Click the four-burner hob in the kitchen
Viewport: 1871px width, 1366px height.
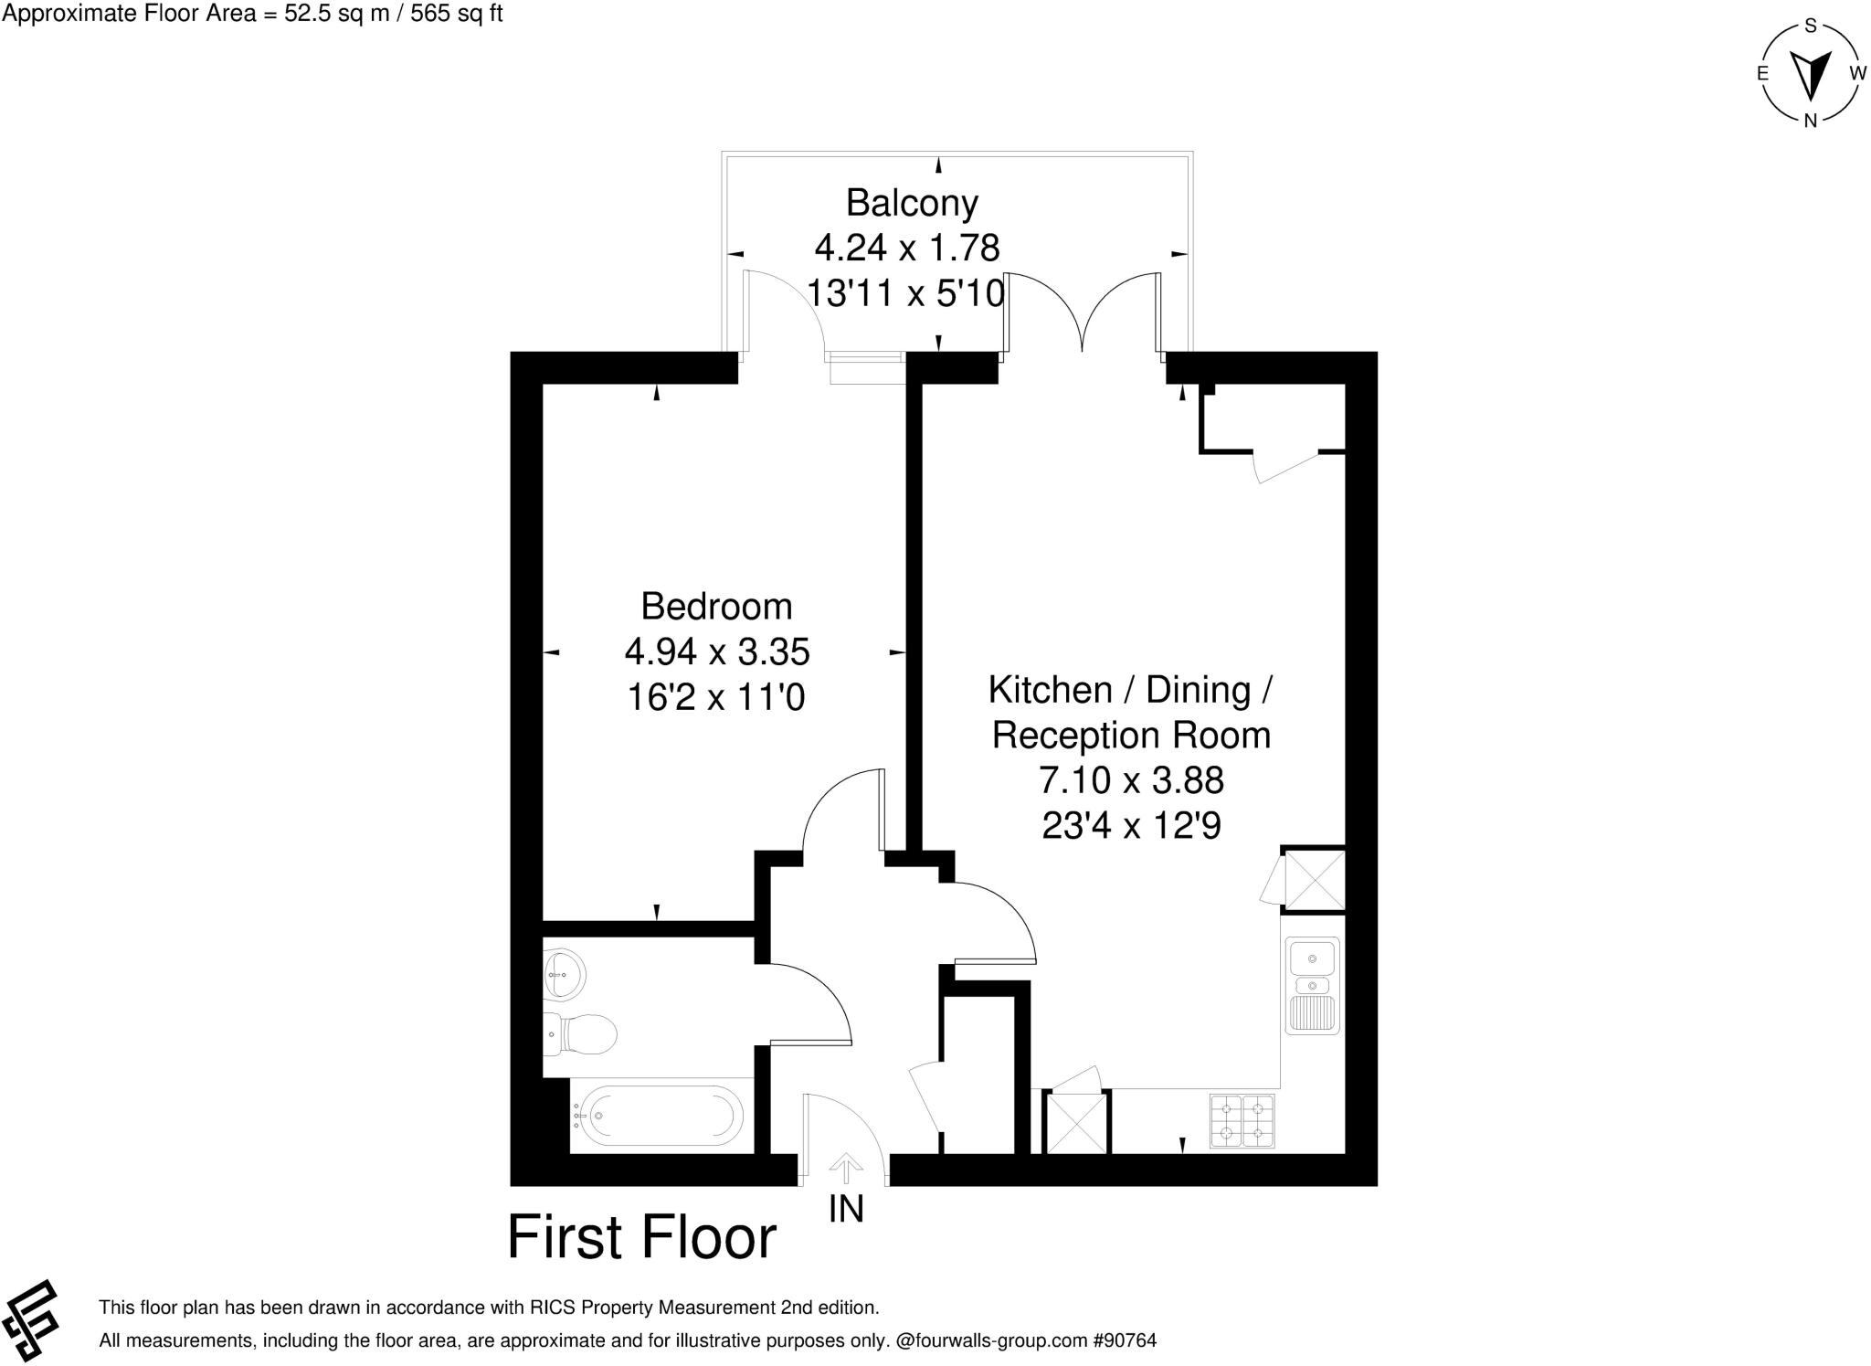(1242, 1120)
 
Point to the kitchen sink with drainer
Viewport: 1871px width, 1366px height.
(1312, 985)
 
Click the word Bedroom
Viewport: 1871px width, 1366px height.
(716, 607)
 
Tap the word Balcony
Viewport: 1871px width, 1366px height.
(912, 203)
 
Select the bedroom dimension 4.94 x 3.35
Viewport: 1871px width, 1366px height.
(717, 652)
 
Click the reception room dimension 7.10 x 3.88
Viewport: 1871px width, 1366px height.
(1131, 780)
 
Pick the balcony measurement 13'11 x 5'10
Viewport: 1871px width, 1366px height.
(905, 293)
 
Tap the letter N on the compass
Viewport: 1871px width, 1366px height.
(1810, 121)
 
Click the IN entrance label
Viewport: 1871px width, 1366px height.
(846, 1209)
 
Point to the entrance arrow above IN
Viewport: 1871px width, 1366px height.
(846, 1168)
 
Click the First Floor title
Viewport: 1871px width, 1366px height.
(641, 1237)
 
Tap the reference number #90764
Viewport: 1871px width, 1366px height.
(1125, 1341)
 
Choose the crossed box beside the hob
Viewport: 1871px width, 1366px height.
(1077, 1122)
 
